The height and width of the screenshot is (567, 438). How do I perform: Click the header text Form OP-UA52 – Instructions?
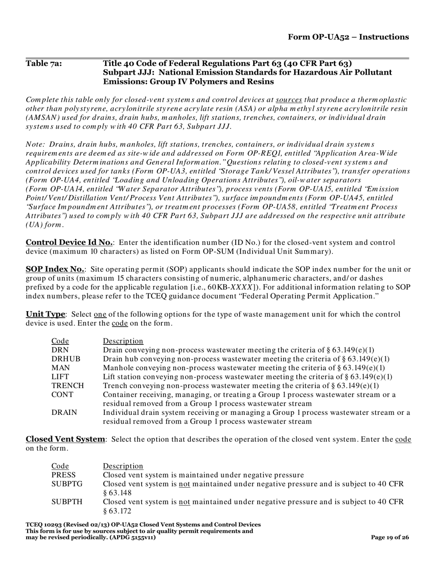tap(348, 37)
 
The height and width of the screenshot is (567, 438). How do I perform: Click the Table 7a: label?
tap(44, 63)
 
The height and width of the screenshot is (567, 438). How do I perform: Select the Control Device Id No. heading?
tap(69, 242)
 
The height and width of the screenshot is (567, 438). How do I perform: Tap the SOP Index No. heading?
tap(55, 269)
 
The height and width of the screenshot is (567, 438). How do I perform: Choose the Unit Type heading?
tap(45, 314)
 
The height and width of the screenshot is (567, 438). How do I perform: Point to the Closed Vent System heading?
tap(65, 439)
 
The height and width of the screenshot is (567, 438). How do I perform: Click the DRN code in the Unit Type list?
tap(60, 350)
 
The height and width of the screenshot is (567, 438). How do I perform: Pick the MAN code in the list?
tap(60, 367)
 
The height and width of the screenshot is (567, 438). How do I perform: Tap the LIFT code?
tap(60, 377)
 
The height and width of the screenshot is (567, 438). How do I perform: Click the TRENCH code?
tap(68, 385)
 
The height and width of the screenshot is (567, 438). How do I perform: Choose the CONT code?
tap(62, 395)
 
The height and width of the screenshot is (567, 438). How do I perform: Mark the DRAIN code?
tap(64, 413)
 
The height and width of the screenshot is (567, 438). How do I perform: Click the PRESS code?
tap(63, 475)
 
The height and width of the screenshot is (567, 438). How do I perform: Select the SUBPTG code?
tap(67, 484)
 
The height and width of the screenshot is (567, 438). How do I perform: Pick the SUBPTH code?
tap(67, 502)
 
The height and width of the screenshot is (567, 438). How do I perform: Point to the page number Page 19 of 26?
tap(390, 537)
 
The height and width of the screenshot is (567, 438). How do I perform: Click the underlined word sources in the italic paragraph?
tap(289, 100)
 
